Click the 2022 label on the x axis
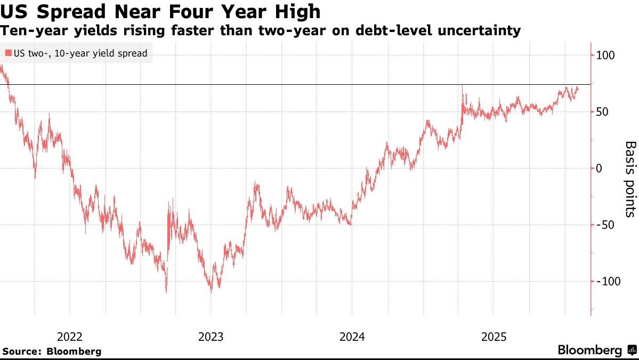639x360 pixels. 69,337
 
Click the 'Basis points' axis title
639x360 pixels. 630,179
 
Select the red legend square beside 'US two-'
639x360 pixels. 8,53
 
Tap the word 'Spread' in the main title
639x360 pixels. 70,11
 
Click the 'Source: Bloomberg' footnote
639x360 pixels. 52,351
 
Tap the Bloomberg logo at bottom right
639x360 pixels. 595,350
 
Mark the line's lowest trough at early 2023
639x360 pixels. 212,291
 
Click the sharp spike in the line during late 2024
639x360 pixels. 462,86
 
